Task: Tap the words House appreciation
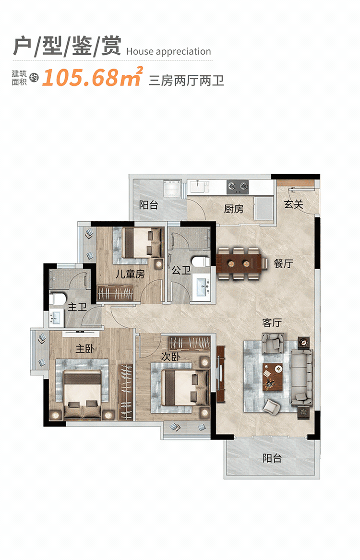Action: [168, 52]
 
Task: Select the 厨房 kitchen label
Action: [234, 209]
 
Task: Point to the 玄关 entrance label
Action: [294, 204]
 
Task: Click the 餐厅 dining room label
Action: [283, 263]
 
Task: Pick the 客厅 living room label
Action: [272, 322]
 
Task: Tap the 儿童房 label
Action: [130, 274]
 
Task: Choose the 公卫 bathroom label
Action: [181, 270]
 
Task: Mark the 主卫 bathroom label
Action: [77, 307]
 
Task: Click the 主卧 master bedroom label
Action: [84, 348]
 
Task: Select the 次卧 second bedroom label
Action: [170, 357]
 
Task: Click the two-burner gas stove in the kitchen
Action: [238, 187]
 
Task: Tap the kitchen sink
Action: [197, 187]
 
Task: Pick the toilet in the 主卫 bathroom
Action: [58, 299]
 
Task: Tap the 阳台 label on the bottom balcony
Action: [272, 458]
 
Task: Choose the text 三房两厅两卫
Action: [186, 81]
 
